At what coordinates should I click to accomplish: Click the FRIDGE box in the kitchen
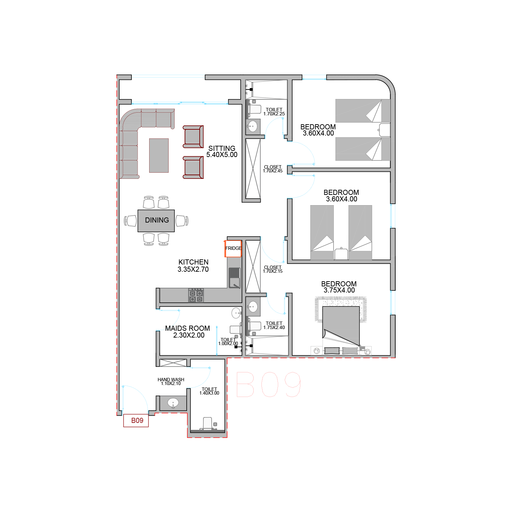[x=233, y=248]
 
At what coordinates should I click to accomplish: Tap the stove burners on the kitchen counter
[x=196, y=296]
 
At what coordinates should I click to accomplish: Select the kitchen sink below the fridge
[x=234, y=278]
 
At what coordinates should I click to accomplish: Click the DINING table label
[x=157, y=220]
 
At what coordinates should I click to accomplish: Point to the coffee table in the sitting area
[x=159, y=155]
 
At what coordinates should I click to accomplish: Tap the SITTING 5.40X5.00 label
[x=222, y=152]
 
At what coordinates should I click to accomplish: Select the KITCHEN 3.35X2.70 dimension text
[x=193, y=266]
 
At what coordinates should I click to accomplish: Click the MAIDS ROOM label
[x=187, y=328]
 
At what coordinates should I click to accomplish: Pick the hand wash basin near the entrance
[x=173, y=403]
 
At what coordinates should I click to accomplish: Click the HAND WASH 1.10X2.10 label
[x=171, y=382]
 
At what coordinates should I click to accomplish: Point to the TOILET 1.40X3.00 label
[x=209, y=391]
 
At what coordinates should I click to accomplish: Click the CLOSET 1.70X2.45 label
[x=273, y=169]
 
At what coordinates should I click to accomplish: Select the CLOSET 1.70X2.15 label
[x=273, y=269]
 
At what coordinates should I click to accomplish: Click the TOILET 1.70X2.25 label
[x=274, y=112]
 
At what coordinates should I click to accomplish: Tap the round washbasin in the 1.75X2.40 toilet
[x=253, y=307]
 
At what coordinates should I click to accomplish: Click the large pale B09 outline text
[x=268, y=384]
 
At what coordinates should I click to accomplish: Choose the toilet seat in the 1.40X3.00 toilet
[x=208, y=423]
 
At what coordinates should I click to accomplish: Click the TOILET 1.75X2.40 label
[x=274, y=325]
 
